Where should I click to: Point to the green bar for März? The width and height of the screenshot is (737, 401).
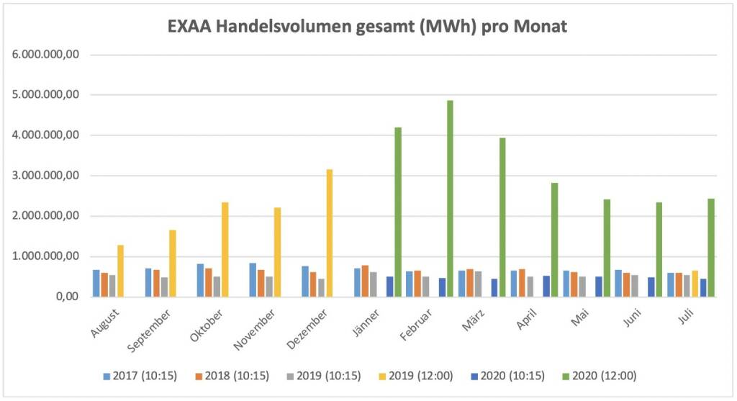[502, 217]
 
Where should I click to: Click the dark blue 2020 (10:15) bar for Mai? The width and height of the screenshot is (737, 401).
[598, 287]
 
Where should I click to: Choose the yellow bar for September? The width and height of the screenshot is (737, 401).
[173, 263]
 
